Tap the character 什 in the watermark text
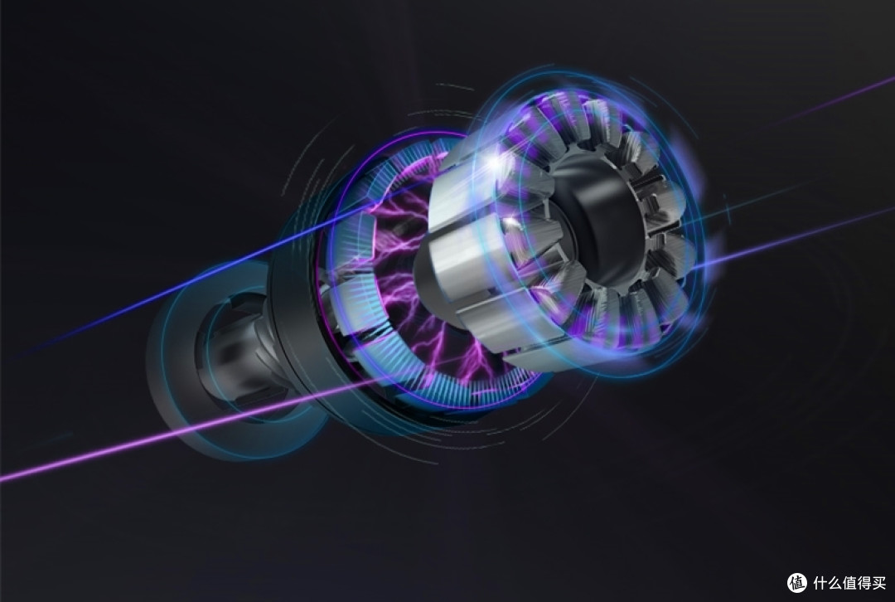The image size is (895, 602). [820, 583]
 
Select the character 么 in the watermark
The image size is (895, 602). [835, 583]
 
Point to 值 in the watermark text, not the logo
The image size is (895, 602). [850, 583]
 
